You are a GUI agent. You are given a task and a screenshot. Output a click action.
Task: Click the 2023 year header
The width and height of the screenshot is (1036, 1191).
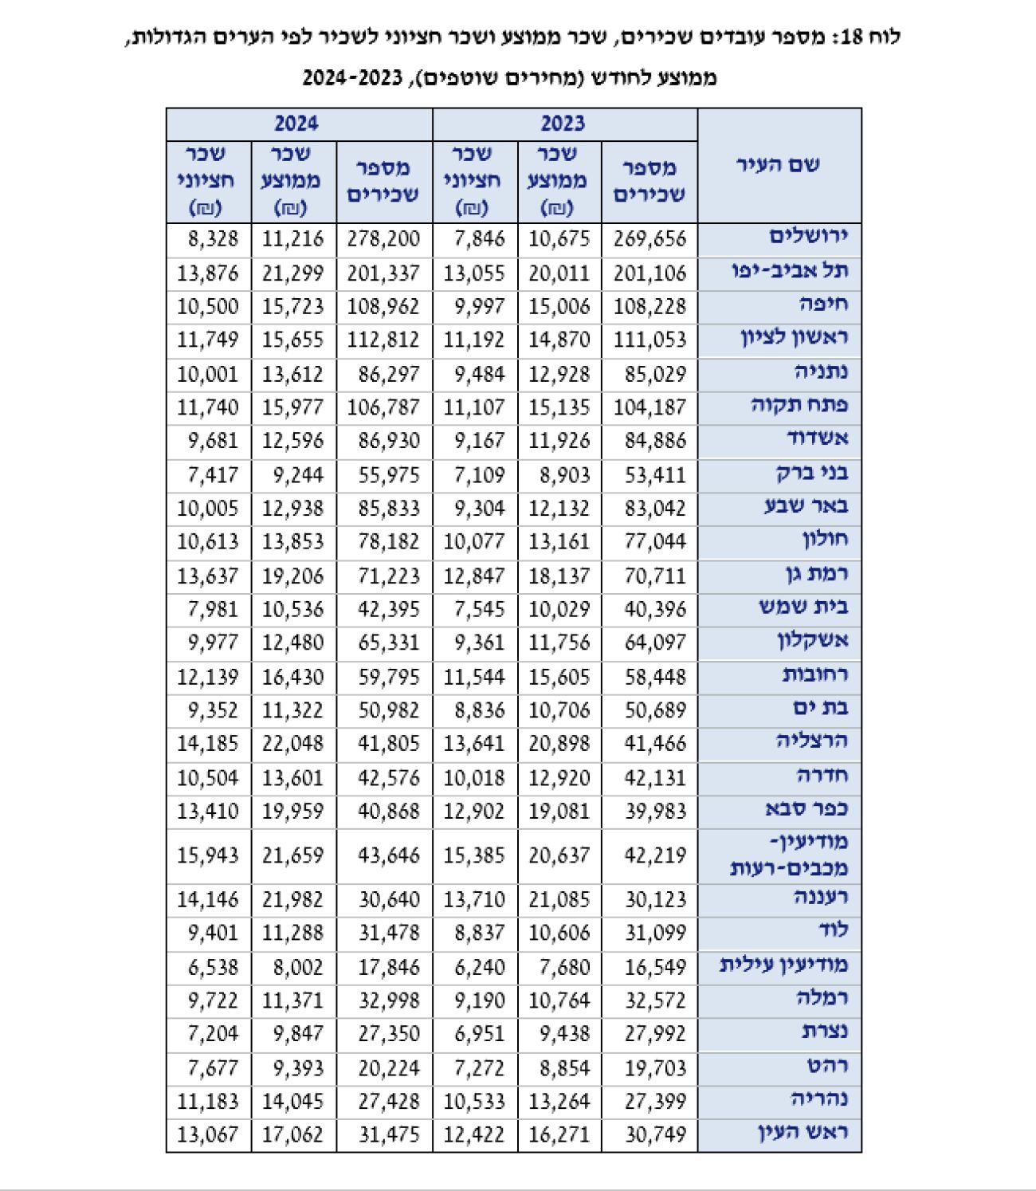pos(563,124)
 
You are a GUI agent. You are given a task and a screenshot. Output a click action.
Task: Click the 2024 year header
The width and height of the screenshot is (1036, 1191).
pos(296,124)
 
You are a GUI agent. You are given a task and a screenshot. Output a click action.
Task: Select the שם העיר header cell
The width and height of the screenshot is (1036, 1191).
pos(778,165)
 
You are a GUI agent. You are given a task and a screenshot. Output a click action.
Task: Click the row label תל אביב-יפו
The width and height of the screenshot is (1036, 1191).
pos(791,270)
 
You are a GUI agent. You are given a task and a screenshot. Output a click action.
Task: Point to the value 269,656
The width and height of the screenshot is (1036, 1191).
pos(649,238)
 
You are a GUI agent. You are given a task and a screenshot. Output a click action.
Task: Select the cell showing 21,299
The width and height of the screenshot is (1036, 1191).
pos(292,273)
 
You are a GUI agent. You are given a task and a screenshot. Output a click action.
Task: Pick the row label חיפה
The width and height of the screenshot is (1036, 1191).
pos(826,305)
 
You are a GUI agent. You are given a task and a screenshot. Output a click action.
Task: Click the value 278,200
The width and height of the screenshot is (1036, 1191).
pos(383,238)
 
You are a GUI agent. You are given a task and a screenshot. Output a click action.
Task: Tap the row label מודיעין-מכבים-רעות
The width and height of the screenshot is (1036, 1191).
pos(789,855)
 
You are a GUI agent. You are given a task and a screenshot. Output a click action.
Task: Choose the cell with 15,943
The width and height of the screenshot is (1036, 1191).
pos(207,855)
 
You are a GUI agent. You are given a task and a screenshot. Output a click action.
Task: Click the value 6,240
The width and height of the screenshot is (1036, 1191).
pos(474,967)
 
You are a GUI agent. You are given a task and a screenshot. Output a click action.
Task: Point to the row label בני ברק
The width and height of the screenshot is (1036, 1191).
pos(812,473)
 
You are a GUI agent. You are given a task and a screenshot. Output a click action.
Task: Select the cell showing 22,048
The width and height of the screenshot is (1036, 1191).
pos(292,744)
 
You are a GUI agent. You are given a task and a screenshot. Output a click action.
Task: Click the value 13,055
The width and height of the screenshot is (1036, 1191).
pos(474,273)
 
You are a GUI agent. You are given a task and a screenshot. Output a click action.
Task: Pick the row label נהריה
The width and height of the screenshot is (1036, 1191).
pos(820,1099)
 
